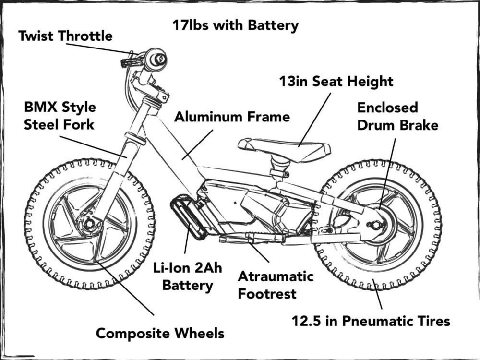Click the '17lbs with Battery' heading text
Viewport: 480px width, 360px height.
235,25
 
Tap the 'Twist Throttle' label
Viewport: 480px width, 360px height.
65,36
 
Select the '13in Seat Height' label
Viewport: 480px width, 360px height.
336,81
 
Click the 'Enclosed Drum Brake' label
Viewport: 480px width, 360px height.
397,116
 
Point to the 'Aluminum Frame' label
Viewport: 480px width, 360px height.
232,117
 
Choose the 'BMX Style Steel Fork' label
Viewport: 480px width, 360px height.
60,116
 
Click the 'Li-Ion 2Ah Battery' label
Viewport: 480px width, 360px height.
187,276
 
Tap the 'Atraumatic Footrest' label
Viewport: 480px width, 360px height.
276,285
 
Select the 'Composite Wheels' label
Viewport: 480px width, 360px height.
160,333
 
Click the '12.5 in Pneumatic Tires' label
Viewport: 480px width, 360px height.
371,321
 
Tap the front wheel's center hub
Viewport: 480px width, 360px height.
89,224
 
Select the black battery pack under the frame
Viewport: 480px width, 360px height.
189,216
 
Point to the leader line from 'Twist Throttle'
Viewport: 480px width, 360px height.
98,48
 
